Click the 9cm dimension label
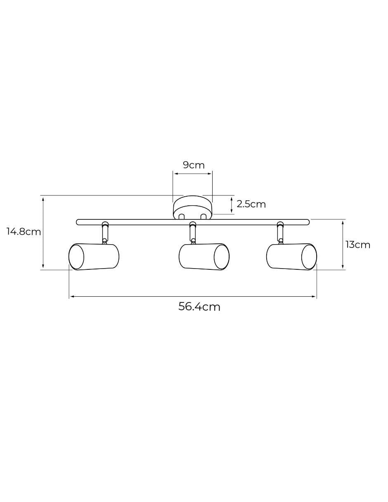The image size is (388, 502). point(194,165)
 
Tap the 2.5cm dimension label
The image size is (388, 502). point(251,205)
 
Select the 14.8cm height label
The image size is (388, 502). point(24,231)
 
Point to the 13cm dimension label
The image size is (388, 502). point(357,245)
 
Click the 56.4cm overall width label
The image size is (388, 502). point(199,307)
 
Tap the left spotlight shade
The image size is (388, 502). point(94,257)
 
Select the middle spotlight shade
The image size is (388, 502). point(204,257)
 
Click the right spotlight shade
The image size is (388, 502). point(291,257)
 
